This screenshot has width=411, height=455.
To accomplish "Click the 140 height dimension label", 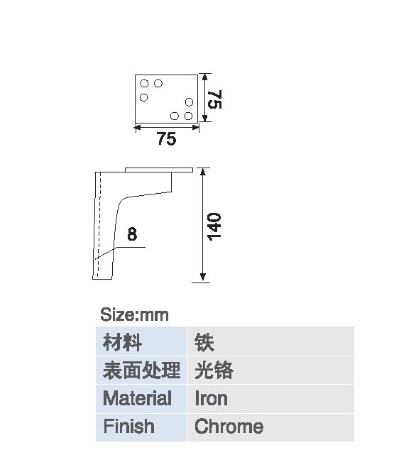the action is tap(214, 226).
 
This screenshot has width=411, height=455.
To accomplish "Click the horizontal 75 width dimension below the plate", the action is tap(166, 138).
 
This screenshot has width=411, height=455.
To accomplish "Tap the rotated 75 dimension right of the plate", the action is tap(215, 99).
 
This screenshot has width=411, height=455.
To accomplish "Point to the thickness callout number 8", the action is tap(132, 234).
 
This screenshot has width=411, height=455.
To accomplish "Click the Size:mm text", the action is tap(134, 314).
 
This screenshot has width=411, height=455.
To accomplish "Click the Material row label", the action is tap(137, 398).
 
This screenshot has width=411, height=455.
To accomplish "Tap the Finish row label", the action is tap(129, 426).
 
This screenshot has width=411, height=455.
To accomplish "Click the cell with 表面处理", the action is tap(141, 370).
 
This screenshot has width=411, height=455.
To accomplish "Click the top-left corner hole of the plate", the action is tap(144, 84).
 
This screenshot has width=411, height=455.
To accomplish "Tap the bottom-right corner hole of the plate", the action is tap(188, 116).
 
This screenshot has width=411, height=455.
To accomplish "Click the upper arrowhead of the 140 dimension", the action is tap(203, 172).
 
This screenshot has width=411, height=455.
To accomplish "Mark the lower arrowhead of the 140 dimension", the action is tap(203, 277).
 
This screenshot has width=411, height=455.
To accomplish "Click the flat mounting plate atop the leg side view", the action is tap(159, 170).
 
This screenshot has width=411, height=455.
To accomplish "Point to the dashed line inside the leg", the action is tap(99, 225).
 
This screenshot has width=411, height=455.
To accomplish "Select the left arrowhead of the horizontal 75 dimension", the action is tap(138, 127).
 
